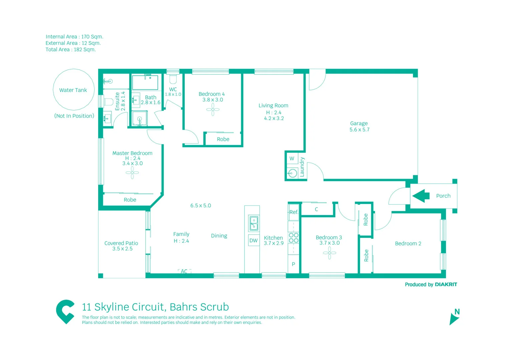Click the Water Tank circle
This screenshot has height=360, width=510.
click(x=74, y=90)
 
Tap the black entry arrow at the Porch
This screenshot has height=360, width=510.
click(x=421, y=196)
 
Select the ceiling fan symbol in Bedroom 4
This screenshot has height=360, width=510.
click(x=212, y=109)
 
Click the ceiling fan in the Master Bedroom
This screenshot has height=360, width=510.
click(x=132, y=173)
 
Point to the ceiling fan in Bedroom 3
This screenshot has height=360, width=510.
click(x=329, y=253)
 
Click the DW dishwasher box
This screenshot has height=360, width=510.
click(x=253, y=240)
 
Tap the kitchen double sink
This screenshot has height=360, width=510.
click(x=253, y=223)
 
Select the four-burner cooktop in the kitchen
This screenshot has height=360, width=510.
click(x=294, y=238)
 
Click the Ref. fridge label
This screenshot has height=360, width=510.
click(x=294, y=212)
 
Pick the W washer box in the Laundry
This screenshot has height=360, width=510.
click(x=292, y=158)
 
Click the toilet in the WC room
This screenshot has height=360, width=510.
click(x=173, y=79)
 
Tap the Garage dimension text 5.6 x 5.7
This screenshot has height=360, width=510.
click(x=359, y=130)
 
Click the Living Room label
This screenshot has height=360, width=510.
click(x=273, y=105)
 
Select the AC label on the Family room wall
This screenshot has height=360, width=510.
click(x=184, y=271)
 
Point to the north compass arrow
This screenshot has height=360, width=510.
click(x=454, y=319)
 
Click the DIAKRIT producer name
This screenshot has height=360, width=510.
click(x=446, y=284)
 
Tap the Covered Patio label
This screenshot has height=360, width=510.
click(x=121, y=243)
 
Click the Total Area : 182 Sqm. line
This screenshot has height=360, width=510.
click(x=71, y=49)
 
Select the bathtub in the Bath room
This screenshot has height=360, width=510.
click(x=145, y=83)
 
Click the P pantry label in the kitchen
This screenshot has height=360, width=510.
click(x=293, y=264)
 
